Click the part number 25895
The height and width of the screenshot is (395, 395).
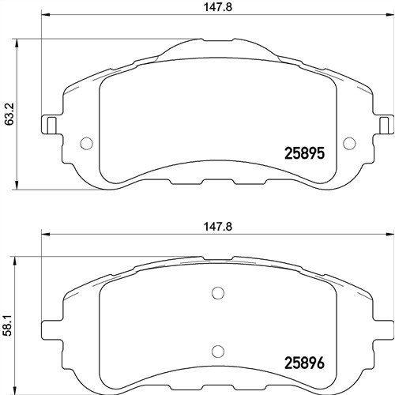[304, 153]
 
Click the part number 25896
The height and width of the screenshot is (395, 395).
[304, 363]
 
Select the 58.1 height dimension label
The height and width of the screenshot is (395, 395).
[9, 325]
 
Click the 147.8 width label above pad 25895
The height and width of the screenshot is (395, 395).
[218, 7]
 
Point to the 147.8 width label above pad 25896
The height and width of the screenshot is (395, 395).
[218, 227]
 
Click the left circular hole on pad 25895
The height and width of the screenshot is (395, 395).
[86, 144]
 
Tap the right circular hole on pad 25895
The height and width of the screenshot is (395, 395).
[349, 143]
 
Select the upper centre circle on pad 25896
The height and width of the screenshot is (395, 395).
[218, 293]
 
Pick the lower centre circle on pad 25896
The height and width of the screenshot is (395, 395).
[218, 351]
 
